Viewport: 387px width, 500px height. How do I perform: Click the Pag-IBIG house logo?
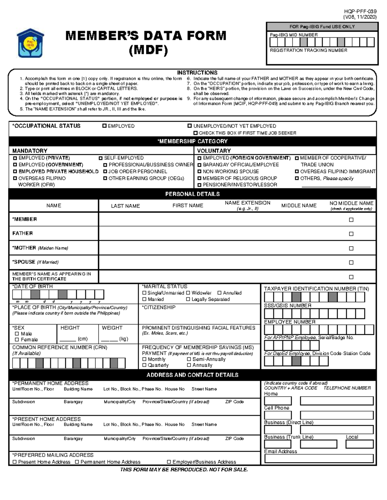(30, 43)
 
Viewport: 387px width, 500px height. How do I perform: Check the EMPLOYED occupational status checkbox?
(104, 126)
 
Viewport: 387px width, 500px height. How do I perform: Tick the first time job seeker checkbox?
(195, 133)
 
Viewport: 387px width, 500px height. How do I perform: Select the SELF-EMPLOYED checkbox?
(101, 158)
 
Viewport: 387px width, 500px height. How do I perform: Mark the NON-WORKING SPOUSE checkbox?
(199, 172)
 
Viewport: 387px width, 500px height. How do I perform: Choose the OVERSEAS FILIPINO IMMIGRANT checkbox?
(297, 172)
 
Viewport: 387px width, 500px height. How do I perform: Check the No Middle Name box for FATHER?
(351, 234)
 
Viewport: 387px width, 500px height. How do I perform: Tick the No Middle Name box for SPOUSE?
(351, 262)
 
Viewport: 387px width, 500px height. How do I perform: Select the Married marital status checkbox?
(144, 299)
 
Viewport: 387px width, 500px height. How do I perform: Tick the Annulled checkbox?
(219, 293)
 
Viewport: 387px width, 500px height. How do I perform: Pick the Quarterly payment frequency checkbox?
(144, 365)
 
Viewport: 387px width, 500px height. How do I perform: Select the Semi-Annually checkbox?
(189, 359)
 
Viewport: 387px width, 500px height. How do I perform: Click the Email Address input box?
(319, 458)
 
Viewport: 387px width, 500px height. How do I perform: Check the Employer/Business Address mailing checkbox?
(169, 462)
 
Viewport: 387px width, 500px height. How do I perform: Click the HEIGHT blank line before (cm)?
(68, 339)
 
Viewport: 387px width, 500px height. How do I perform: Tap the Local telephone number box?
(359, 444)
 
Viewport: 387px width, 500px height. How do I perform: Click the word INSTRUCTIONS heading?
(197, 73)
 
